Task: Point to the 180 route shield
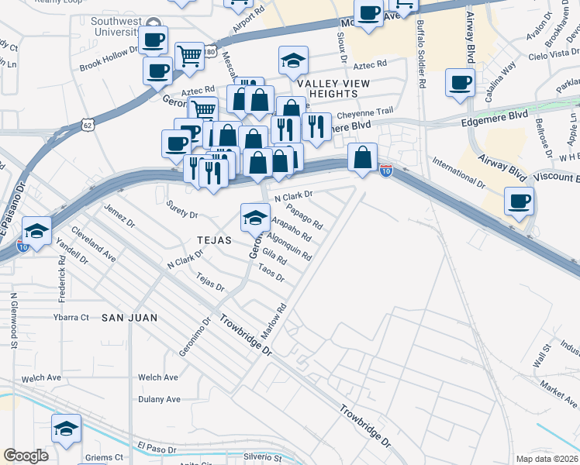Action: tap(210, 52)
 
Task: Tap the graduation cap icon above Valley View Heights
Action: tap(294, 60)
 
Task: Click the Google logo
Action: tap(26, 455)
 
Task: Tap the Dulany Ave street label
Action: tap(159, 399)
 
